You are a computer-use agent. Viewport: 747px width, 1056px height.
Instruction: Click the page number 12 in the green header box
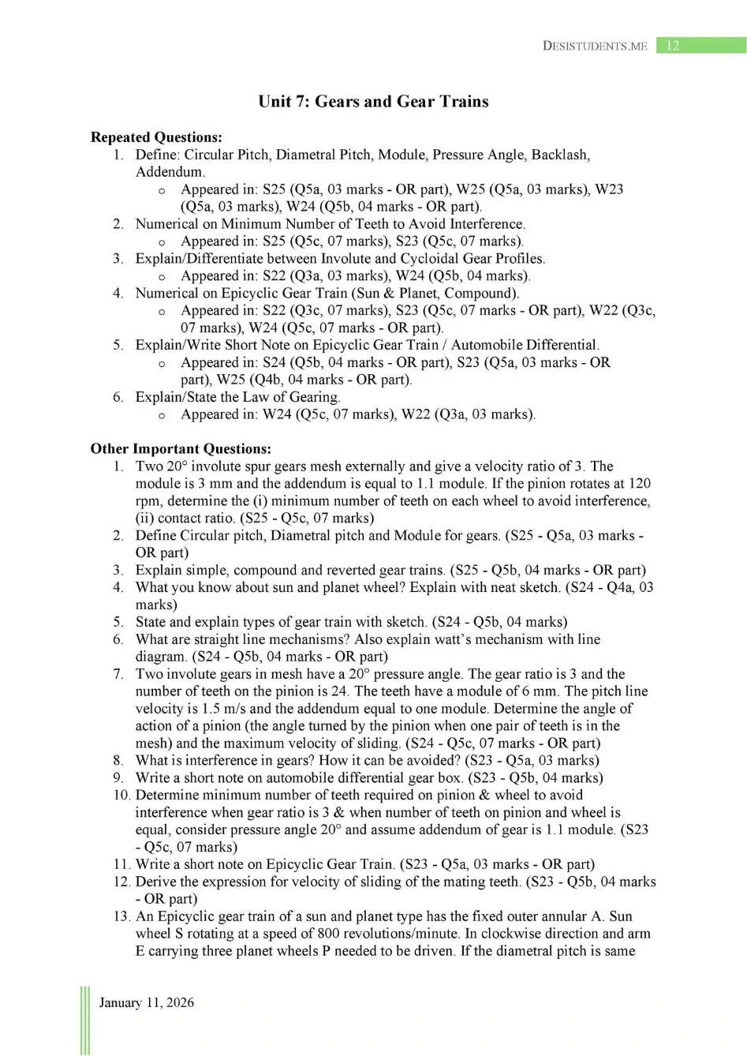[x=673, y=46]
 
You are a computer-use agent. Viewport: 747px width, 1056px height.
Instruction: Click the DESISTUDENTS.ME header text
[x=595, y=46]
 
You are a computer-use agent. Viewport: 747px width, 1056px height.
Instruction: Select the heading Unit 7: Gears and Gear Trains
[x=373, y=101]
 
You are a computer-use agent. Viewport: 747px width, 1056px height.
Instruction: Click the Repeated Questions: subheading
[x=156, y=137]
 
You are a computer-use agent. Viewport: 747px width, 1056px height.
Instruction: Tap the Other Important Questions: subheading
[x=181, y=449]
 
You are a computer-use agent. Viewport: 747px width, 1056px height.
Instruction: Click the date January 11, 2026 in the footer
[x=146, y=1002]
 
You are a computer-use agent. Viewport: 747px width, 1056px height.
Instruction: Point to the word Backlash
[x=559, y=155]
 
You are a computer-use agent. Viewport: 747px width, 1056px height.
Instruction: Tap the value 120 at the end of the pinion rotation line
[x=639, y=484]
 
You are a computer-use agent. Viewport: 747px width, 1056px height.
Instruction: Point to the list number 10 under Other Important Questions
[x=121, y=795]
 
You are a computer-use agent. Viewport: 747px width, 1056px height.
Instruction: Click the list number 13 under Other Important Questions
[x=121, y=916]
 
